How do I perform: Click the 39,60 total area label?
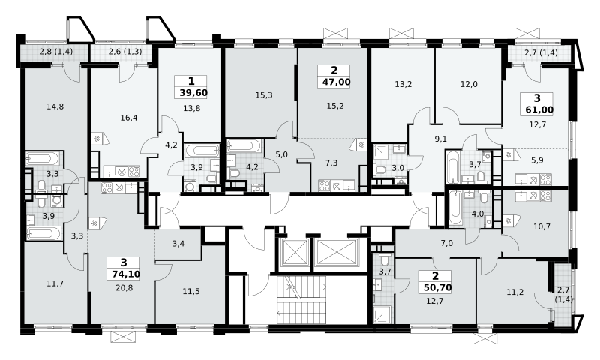tap(193, 92)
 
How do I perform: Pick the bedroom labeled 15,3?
tap(264, 95)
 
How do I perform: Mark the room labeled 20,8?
tap(124, 287)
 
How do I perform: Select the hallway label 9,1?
tap(441, 139)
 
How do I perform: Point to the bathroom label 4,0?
tap(478, 214)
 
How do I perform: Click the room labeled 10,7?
tap(541, 226)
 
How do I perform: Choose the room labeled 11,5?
tap(191, 291)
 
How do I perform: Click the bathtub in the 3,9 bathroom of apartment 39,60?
tap(202, 150)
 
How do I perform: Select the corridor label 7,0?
tap(446, 243)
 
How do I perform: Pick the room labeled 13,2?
tap(403, 84)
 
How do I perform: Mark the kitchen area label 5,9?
tap(537, 160)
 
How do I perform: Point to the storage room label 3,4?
tap(178, 243)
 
